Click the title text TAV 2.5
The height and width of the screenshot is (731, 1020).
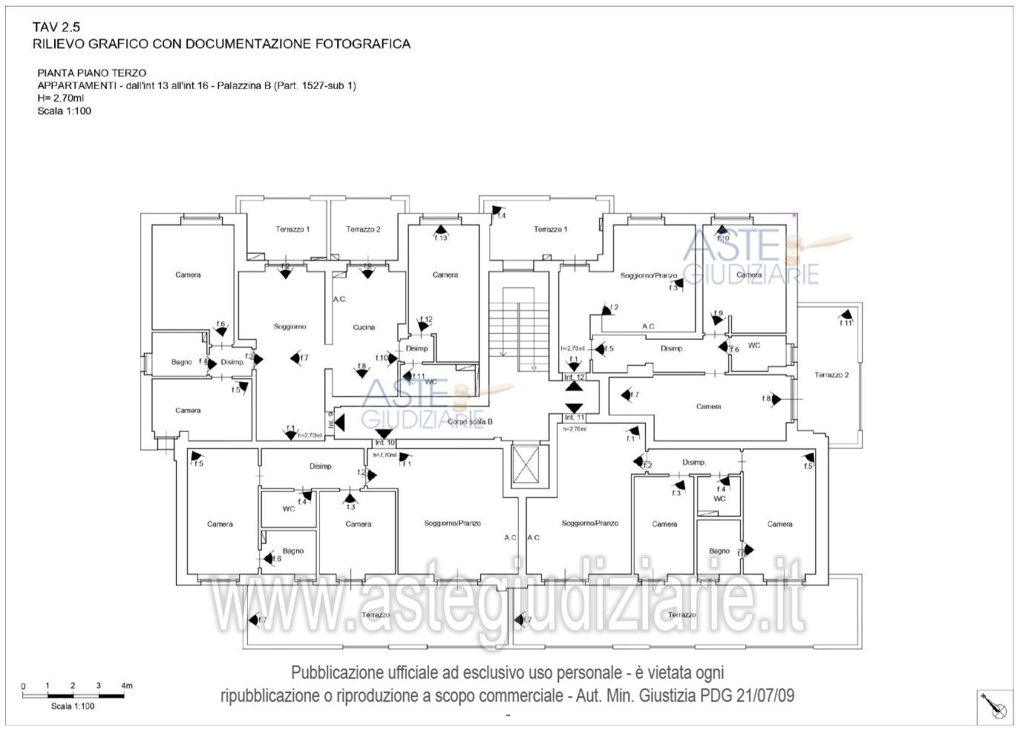pos(56,27)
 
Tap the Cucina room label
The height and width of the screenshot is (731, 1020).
pos(364,327)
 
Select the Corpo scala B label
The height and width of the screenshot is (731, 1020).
pos(470,422)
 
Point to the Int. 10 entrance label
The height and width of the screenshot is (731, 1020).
pos(385,443)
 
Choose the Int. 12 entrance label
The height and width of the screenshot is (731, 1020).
pos(575,378)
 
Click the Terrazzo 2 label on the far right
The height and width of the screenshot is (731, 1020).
pos(831,375)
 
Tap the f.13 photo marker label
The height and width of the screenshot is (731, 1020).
pos(441,237)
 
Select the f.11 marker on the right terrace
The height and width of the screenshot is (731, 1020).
pos(846,323)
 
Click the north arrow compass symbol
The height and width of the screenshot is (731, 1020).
pos(995,706)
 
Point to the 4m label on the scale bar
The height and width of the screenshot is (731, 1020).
pos(127,686)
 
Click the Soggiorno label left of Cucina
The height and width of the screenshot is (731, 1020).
pos(290,327)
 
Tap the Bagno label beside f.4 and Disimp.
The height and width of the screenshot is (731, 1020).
pos(182,362)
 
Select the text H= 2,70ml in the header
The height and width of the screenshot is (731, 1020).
pos(61,98)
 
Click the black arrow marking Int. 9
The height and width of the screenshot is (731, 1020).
pos(340,423)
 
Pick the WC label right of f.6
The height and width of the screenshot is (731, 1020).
pos(754,346)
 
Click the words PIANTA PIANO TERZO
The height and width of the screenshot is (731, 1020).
pos(92,73)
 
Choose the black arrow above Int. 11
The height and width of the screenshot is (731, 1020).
pos(574,408)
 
